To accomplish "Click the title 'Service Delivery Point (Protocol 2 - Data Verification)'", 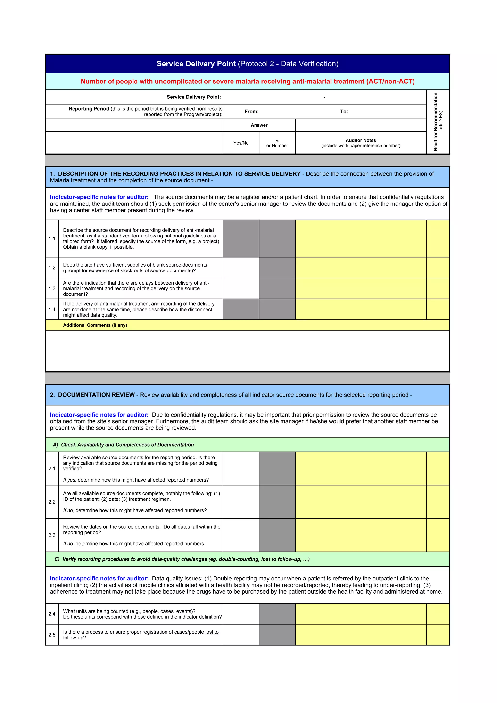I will point(248,64).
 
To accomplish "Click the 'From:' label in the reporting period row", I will point(251,111).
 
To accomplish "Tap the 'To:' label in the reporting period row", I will point(344,111).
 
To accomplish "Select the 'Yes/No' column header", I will point(241,143).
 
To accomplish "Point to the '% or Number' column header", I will point(277,143).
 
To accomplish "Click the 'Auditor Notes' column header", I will point(360,140).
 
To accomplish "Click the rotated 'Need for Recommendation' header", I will point(436,122).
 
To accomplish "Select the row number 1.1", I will point(52,238).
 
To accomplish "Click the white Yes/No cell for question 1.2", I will point(241,268).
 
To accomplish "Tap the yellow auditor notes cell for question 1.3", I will point(360,288).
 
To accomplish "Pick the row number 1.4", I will point(52,309).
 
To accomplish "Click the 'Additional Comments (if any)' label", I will point(95,325).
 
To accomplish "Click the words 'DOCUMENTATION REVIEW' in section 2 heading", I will point(96,395).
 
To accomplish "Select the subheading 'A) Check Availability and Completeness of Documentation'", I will point(124,445).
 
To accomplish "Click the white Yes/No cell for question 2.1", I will point(241,468).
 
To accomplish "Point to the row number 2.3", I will point(52,535).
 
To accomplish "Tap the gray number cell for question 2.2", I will point(277,502).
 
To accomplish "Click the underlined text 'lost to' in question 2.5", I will point(212,632).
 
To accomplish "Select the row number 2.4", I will point(52,614).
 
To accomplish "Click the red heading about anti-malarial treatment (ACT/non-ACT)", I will point(248,82).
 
